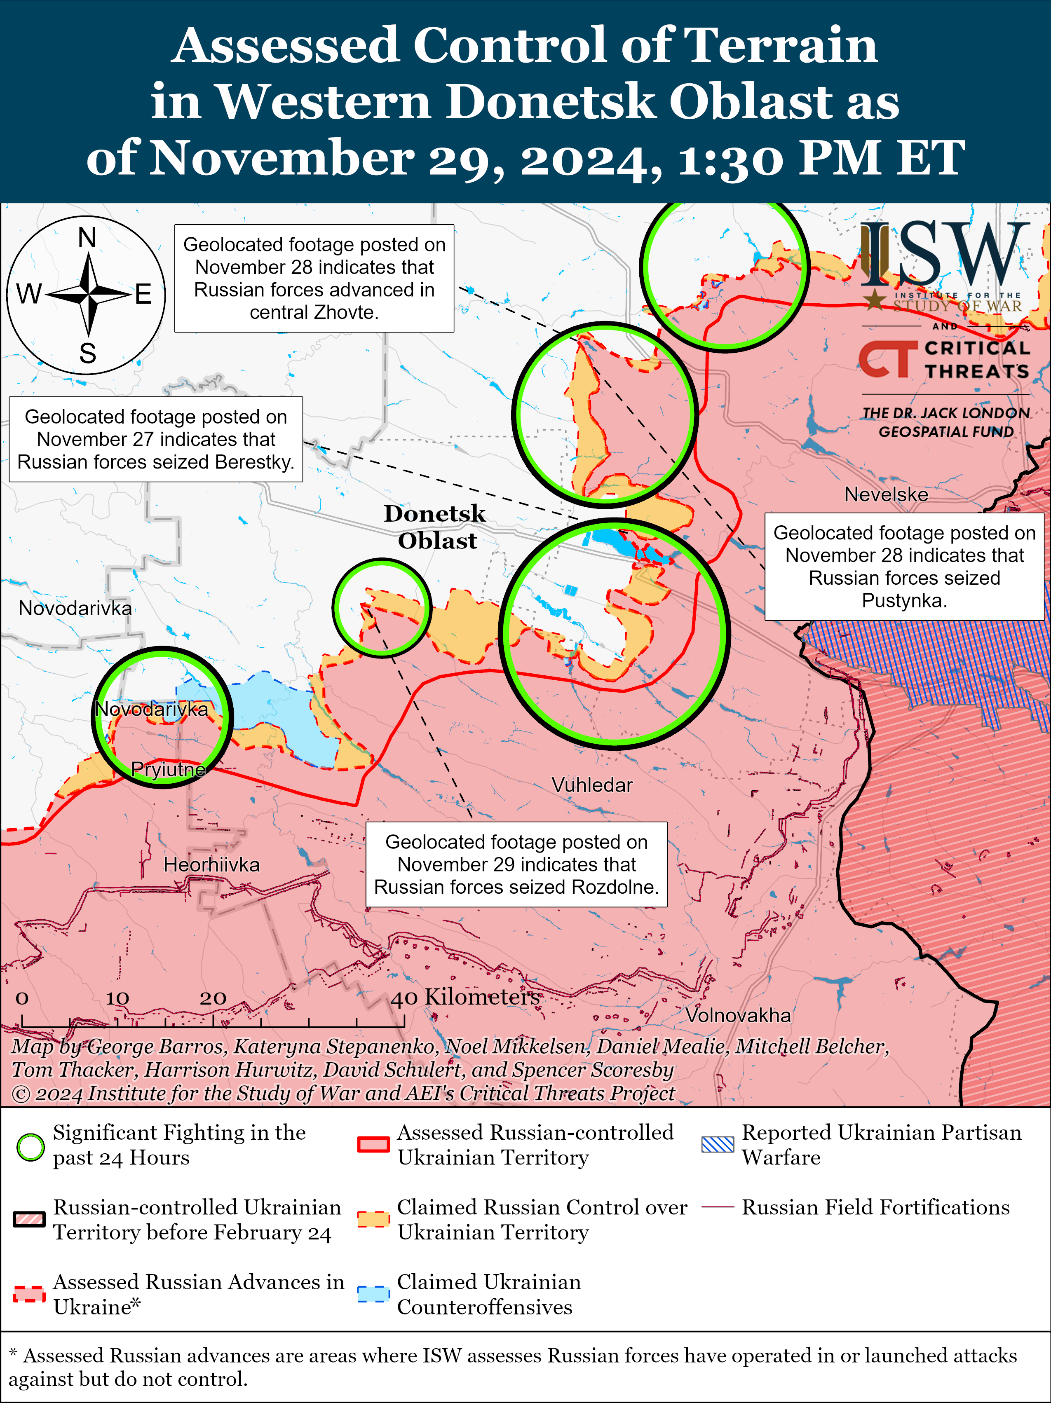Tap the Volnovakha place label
pyautogui.click(x=738, y=1015)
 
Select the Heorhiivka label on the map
pyautogui.click(x=211, y=864)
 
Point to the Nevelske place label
pyautogui.click(x=886, y=494)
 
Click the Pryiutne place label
pyautogui.click(x=169, y=769)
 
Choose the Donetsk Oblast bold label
pyautogui.click(x=435, y=527)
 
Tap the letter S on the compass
pyautogui.click(x=87, y=353)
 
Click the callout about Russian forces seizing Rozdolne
pyautogui.click(x=516, y=864)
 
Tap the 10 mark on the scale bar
pyautogui.click(x=117, y=998)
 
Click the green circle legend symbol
pyautogui.click(x=30, y=1146)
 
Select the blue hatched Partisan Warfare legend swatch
pyautogui.click(x=718, y=1145)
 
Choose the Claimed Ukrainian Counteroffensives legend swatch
pyautogui.click(x=373, y=1294)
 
